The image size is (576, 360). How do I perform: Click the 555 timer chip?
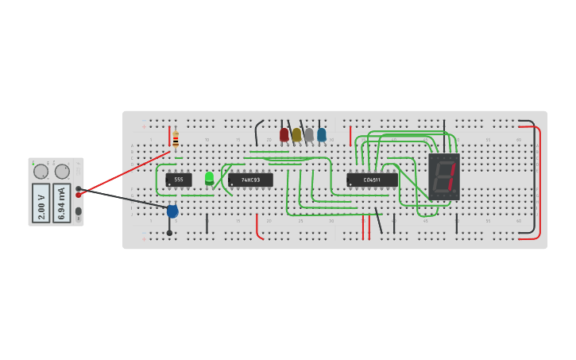178,180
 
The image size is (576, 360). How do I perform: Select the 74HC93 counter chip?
250,180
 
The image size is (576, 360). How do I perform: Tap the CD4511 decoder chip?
372,180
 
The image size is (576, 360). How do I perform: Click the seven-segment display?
444,176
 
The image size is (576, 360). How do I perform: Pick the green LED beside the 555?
209,178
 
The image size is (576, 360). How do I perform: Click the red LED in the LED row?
284,134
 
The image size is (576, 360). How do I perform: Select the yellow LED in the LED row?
296,134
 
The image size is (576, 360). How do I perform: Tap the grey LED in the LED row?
309,134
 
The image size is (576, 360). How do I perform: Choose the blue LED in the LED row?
321,134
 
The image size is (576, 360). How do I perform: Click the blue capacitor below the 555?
172,211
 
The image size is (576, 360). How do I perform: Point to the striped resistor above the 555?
176,140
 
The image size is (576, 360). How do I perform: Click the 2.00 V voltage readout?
41,203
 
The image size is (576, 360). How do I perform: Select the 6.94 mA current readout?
62,203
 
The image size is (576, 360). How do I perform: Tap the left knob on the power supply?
41,172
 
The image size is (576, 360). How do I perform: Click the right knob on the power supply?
62,172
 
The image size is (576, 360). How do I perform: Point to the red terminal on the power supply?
78,195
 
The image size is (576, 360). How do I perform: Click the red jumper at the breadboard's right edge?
539,183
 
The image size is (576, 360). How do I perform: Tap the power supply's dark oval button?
78,211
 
